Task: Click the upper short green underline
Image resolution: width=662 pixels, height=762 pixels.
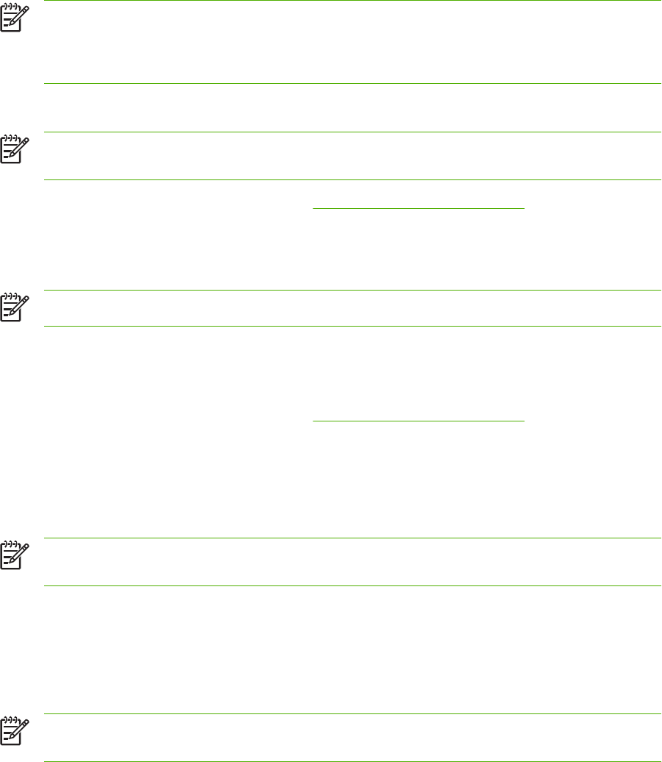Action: pos(419,208)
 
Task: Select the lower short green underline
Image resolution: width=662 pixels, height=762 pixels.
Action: pos(419,421)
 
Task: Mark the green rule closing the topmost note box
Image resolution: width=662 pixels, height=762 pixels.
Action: pos(353,84)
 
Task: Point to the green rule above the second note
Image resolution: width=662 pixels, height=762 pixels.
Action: pos(353,132)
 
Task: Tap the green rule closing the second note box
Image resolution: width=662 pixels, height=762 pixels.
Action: pos(353,180)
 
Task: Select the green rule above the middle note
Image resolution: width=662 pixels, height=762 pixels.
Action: pos(353,291)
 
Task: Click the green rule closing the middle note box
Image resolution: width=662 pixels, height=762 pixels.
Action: pos(353,327)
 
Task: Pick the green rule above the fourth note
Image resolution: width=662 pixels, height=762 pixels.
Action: pos(353,538)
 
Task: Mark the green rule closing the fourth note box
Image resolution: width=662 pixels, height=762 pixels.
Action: pos(353,586)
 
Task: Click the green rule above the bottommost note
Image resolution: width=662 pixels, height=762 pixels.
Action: pos(353,713)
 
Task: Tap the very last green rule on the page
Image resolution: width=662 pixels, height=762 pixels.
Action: pos(353,761)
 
